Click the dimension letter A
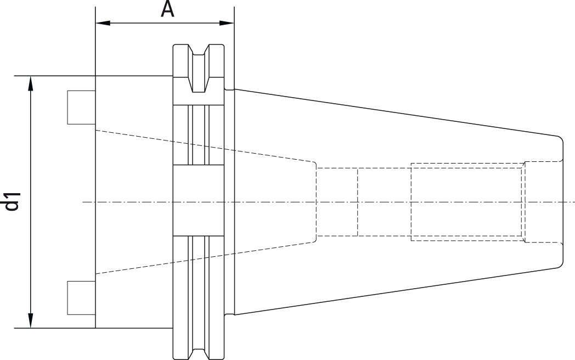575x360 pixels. pyautogui.click(x=167, y=9)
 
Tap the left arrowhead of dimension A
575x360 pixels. pyautogui.click(x=103, y=23)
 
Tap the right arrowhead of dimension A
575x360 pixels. pyautogui.click(x=227, y=23)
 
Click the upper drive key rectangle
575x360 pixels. pyautogui.click(x=81, y=107)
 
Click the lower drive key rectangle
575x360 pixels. pyautogui.click(x=81, y=297)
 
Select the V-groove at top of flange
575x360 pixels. pyautogui.click(x=199, y=68)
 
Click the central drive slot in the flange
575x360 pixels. pyautogui.click(x=199, y=200)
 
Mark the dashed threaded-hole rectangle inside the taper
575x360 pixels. pyautogui.click(x=466, y=202)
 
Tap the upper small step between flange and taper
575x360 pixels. pyautogui.click(x=229, y=89)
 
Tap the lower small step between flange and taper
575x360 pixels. pyautogui.click(x=229, y=315)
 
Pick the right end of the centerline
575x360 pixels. pyautogui.click(x=574, y=202)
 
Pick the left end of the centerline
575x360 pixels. pyautogui.click(x=83, y=202)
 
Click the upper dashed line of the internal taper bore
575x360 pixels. pyautogui.click(x=205, y=145)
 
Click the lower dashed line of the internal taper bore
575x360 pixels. pyautogui.click(x=205, y=257)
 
